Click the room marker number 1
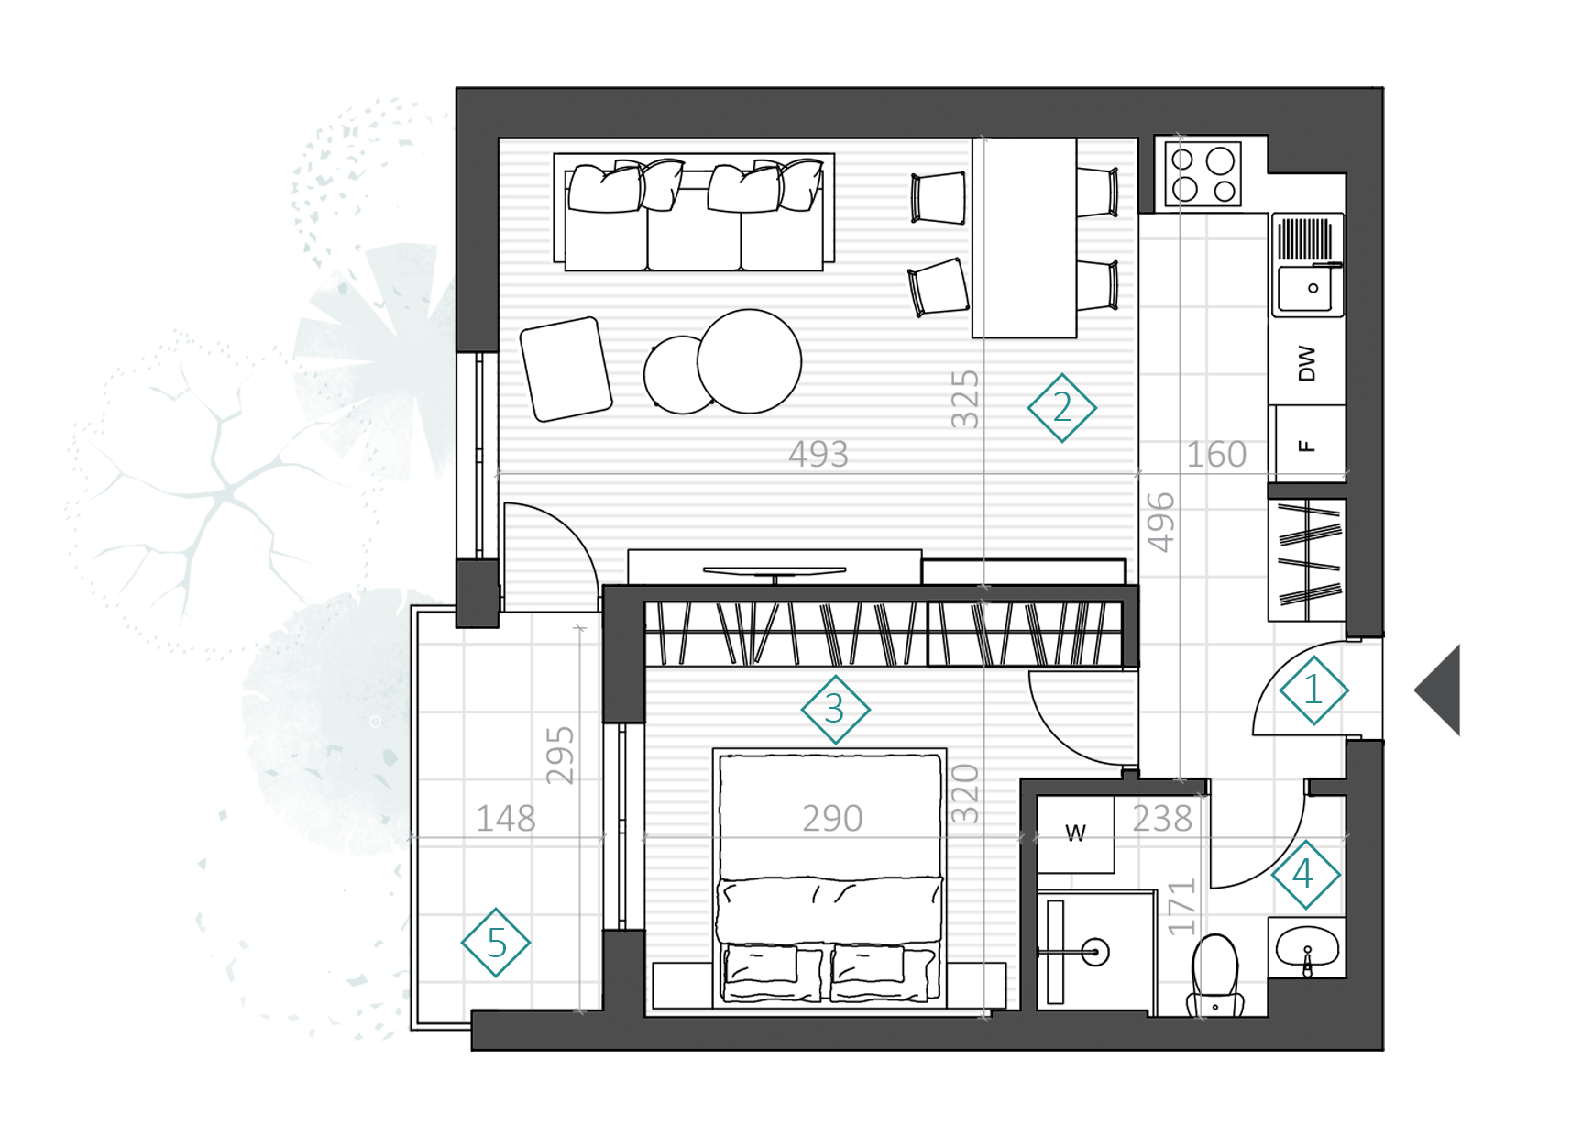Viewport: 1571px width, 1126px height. coord(1313,690)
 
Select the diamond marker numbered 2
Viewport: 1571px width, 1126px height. coord(1061,408)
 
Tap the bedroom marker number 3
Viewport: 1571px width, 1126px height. coord(835,710)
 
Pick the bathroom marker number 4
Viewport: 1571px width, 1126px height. coord(1305,875)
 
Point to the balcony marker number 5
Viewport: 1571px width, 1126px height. coord(496,943)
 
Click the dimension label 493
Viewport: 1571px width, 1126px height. coord(818,454)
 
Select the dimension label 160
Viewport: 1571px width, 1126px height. coord(1216,454)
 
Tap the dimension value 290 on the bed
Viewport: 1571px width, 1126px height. coord(832,818)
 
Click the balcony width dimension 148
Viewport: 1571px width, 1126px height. coord(506,818)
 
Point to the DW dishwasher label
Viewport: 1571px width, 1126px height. coord(1307,363)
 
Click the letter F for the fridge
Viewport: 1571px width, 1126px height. coord(1307,446)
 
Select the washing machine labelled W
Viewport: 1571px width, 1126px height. coord(1076,833)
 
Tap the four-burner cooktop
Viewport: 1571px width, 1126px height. coord(1203,174)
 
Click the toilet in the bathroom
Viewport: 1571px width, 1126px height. coord(1215,976)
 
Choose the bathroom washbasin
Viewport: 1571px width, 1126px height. coord(1307,947)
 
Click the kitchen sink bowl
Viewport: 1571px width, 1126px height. coord(1306,288)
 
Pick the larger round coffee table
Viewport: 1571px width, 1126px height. coord(749,361)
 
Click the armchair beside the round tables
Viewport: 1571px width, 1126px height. coord(566,369)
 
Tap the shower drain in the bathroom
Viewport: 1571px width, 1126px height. coord(1094,952)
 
